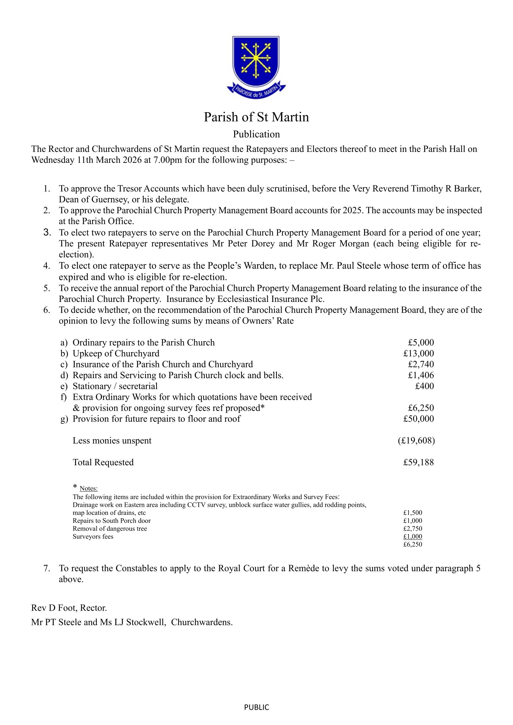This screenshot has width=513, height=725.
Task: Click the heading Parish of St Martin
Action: point(256,117)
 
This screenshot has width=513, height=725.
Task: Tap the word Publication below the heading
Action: point(256,134)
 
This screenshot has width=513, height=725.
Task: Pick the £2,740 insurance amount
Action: point(421,365)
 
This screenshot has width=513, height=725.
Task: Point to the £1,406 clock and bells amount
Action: point(421,375)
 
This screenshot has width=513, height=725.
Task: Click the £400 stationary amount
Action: point(424,386)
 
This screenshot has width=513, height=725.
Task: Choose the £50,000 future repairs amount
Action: point(418,419)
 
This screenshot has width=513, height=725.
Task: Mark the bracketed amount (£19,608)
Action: point(416,440)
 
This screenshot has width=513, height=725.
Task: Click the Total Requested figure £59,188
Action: point(418,462)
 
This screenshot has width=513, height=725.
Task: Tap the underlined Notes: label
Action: point(88,488)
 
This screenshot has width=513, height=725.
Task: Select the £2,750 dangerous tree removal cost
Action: point(413,528)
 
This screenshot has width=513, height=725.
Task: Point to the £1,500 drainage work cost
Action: point(413,513)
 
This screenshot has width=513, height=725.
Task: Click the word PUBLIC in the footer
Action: point(256,707)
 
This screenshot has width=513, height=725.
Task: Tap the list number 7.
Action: point(47,568)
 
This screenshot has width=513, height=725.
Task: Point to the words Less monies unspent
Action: point(112,440)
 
